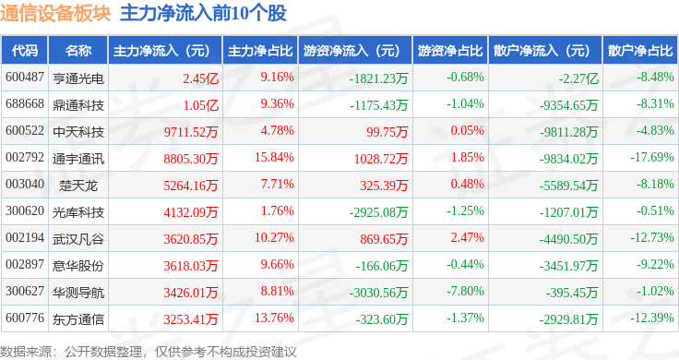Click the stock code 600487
[25, 78]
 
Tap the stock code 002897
[25, 265]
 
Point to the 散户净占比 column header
[641, 51]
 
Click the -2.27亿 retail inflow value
[578, 78]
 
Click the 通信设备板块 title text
[55, 14]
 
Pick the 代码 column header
[26, 51]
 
